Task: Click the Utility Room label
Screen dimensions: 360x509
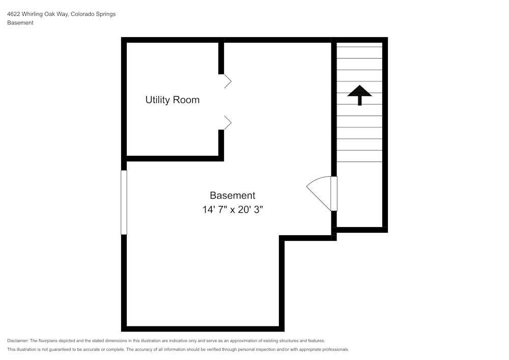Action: point(172,100)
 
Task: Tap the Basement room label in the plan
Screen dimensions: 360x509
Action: point(233,195)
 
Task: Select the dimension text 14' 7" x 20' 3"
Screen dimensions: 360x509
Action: point(233,209)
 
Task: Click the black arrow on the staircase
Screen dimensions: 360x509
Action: point(360,94)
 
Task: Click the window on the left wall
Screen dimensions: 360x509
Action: point(124,202)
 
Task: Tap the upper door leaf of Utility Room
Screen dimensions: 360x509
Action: point(228,81)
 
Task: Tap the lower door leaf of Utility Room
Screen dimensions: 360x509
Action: point(228,122)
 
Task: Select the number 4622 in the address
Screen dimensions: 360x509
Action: point(14,14)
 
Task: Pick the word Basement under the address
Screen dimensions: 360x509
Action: point(20,23)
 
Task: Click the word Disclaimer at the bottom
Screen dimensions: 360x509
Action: point(18,341)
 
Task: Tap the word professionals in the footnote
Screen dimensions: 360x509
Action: point(333,349)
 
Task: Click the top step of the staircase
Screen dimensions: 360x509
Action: point(359,52)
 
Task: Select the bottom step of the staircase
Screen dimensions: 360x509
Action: point(359,156)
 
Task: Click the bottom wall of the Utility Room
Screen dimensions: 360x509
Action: point(173,158)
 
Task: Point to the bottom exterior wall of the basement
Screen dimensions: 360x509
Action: point(203,328)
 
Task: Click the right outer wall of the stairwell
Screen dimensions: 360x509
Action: point(385,135)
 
